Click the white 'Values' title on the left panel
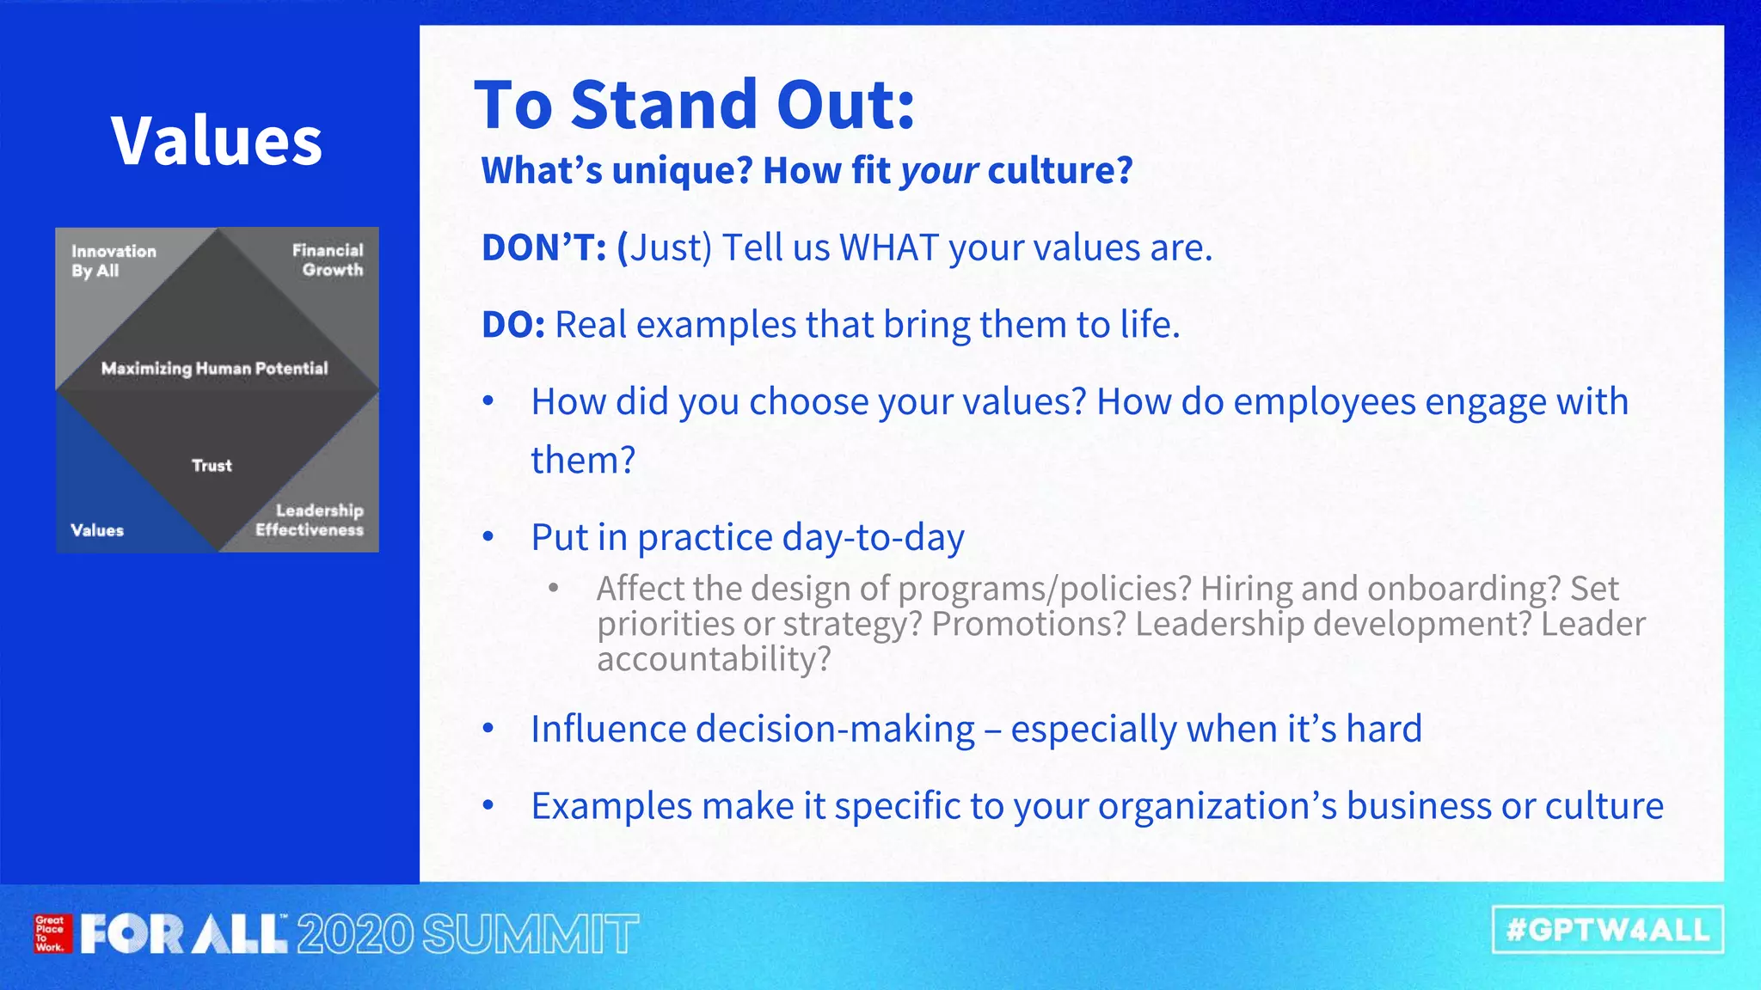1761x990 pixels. pyautogui.click(x=217, y=141)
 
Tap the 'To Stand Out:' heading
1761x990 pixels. pyautogui.click(x=695, y=105)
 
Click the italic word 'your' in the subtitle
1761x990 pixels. pyautogui.click(x=939, y=171)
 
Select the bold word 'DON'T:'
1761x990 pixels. pyautogui.click(x=544, y=248)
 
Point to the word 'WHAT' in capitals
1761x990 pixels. pyautogui.click(x=889, y=248)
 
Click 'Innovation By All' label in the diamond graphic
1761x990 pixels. pyautogui.click(x=114, y=260)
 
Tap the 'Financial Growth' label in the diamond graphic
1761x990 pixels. pyautogui.click(x=328, y=260)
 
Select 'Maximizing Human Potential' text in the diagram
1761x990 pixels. pyautogui.click(x=215, y=369)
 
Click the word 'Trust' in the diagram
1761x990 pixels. pyautogui.click(x=212, y=466)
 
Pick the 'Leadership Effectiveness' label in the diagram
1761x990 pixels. pyautogui.click(x=310, y=520)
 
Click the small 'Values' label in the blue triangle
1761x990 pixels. pyautogui.click(x=97, y=530)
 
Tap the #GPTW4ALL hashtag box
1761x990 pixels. pyautogui.click(x=1607, y=930)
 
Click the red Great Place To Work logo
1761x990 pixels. pyautogui.click(x=51, y=933)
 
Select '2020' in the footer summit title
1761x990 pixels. pyautogui.click(x=354, y=935)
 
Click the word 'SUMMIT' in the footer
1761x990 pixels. pyautogui.click(x=531, y=935)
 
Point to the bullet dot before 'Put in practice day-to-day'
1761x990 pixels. pyautogui.click(x=488, y=537)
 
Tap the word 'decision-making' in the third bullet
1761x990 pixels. pyautogui.click(x=835, y=730)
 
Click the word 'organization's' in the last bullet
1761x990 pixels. pyautogui.click(x=1217, y=807)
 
